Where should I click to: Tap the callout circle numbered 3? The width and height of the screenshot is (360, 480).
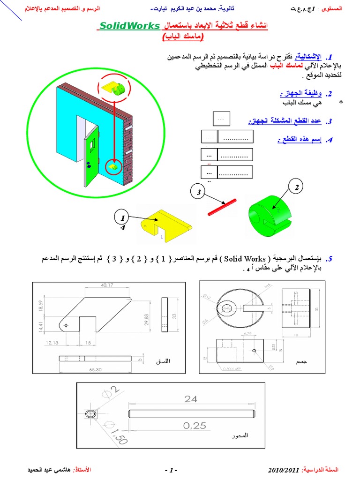pyautogui.click(x=199, y=193)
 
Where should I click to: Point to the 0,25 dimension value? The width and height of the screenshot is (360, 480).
pyautogui.click(x=195, y=426)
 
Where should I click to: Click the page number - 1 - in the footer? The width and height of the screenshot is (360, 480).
pyautogui.click(x=171, y=470)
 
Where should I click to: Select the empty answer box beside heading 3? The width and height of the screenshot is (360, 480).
pyautogui.click(x=221, y=118)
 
